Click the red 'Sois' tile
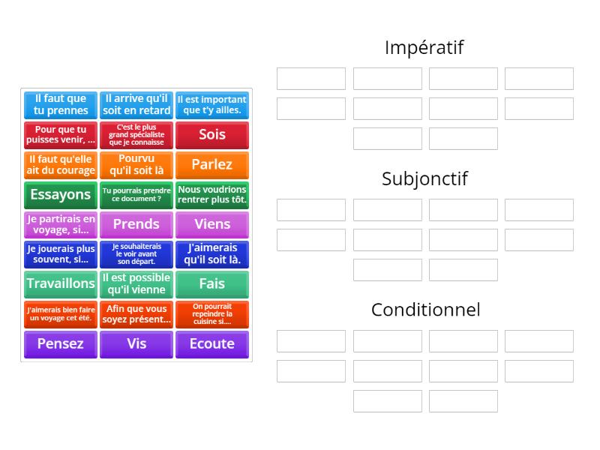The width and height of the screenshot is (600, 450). coord(212,135)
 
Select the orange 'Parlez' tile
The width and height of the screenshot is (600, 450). coord(212,165)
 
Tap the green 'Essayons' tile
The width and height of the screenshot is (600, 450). coord(61,195)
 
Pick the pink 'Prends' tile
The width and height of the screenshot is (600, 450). coord(136,224)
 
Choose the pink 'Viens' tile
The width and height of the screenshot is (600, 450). coord(212,224)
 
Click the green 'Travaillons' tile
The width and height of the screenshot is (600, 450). coord(61,284)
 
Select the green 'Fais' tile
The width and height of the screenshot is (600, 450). coord(212,284)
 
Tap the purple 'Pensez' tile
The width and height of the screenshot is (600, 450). coord(61,344)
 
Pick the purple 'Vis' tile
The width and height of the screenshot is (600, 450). coord(136,344)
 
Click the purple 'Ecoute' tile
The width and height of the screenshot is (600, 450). coord(212,344)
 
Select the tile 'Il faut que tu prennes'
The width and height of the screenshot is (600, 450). coord(61,105)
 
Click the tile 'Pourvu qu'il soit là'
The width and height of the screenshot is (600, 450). coord(136,165)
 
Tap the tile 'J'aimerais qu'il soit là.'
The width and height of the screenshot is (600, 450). coord(212,254)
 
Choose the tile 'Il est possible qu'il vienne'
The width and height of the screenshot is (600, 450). coord(136,284)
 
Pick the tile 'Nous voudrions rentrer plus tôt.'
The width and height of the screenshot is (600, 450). coord(212,195)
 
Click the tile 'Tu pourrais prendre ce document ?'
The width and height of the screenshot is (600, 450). coord(136,195)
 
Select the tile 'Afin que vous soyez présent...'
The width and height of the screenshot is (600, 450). coord(136,314)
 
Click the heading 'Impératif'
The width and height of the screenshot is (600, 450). coord(424,48)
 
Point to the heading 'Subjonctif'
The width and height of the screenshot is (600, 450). coord(424,179)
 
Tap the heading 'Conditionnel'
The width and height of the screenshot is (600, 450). coord(425,310)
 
